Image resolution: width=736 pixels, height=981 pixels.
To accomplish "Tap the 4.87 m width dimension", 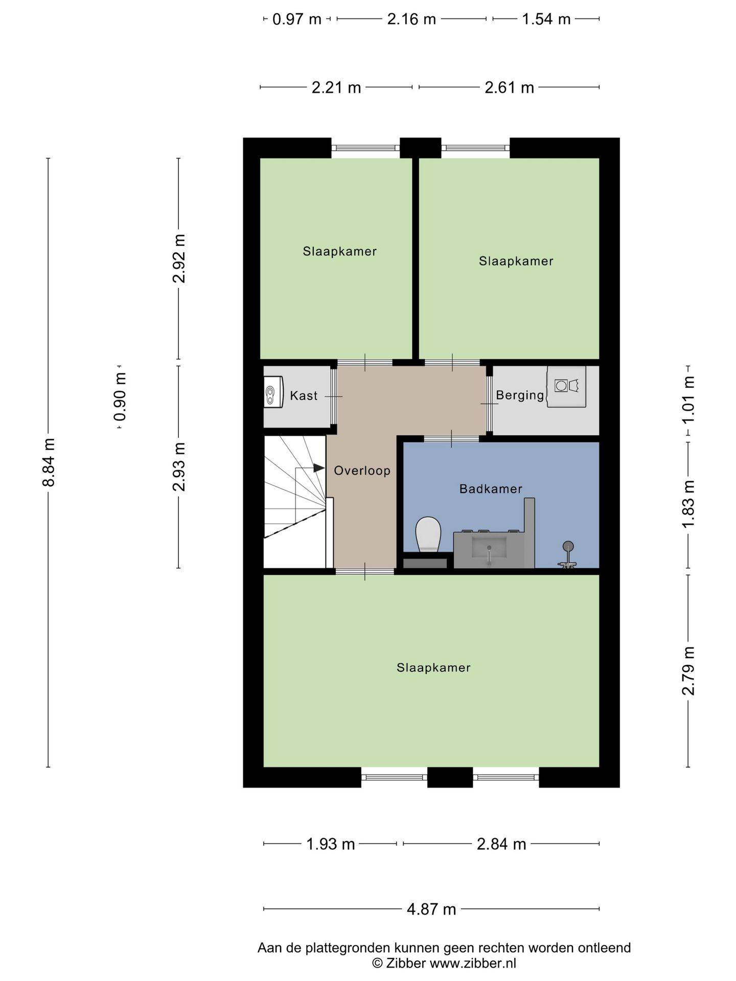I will tap(431, 909).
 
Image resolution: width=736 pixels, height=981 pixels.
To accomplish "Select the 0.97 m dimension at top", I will tap(296, 19).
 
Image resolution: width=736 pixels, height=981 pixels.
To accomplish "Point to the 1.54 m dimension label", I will tap(545, 19).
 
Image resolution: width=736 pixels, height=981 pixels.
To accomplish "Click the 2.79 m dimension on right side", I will tap(688, 670).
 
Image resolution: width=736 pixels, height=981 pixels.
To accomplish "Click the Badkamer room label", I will tap(491, 489).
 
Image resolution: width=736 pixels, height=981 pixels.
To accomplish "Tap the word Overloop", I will tap(362, 471).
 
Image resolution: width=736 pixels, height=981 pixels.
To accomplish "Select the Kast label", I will tap(304, 395).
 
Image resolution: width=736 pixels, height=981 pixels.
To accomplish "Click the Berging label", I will tap(520, 395).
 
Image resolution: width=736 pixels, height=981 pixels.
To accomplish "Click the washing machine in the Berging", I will tap(566, 386).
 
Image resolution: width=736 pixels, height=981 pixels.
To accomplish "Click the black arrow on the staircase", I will tap(318, 468).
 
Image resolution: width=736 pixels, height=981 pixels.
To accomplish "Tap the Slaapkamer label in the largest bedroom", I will tap(433, 668).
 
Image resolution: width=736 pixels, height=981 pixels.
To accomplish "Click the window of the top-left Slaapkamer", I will tap(365, 148).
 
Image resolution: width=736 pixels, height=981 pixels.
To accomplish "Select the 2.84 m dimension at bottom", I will tap(501, 844).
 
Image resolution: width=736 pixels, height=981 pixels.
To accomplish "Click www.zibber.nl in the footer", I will tap(473, 964).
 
